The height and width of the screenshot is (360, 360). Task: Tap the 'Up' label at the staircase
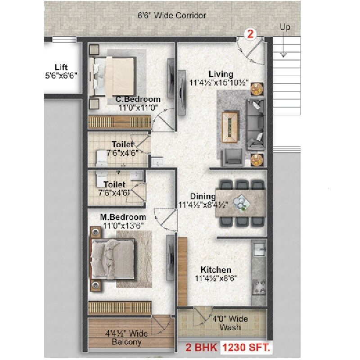coord(285,27)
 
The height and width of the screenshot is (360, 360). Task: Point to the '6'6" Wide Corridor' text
coord(172,15)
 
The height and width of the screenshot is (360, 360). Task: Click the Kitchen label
coord(216,270)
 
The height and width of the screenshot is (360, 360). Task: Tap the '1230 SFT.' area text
coord(246,347)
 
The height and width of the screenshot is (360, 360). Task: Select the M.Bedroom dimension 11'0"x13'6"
coord(123,226)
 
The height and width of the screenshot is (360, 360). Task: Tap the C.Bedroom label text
coord(138,99)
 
